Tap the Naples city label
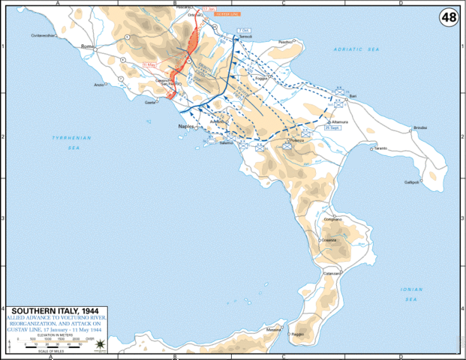(186, 127)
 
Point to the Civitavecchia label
(44, 35)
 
